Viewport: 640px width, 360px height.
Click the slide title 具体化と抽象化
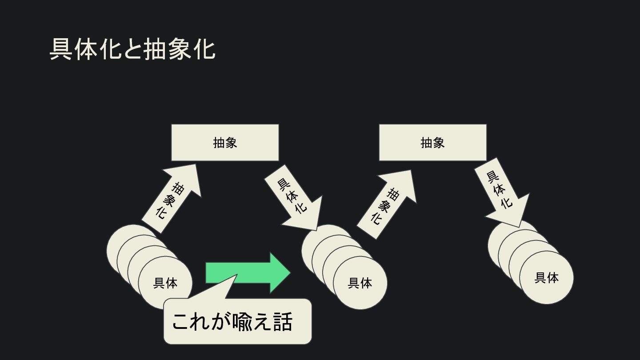coord(132,49)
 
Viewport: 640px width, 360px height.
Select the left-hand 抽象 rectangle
coord(225,142)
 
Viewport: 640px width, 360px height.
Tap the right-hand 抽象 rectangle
coord(432,142)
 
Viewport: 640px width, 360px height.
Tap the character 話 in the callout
coord(283,322)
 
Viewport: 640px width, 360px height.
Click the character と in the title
coord(132,49)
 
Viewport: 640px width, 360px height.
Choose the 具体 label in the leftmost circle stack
coord(165,283)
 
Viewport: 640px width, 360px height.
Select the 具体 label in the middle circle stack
coord(360,283)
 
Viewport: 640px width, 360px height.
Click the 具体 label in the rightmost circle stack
coord(546,277)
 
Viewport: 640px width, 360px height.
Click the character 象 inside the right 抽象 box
coord(438,142)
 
